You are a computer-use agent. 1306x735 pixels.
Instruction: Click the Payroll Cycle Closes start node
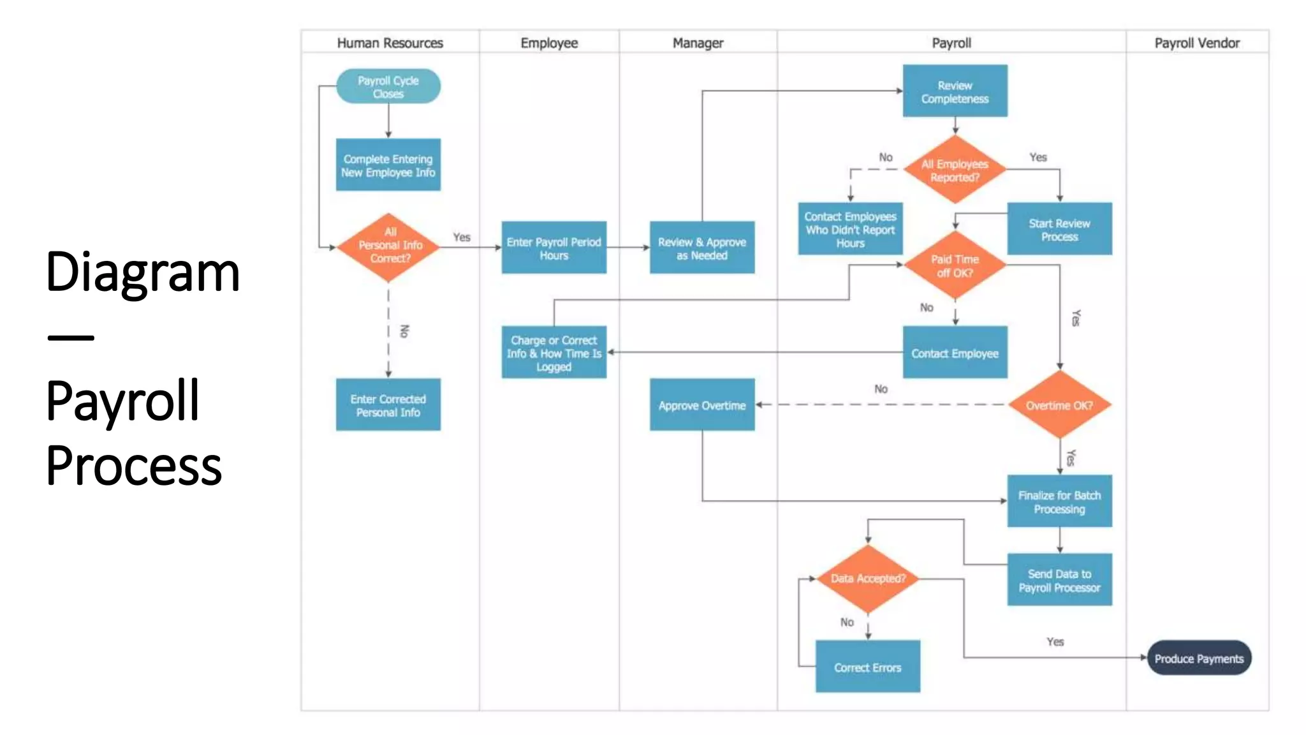(388, 87)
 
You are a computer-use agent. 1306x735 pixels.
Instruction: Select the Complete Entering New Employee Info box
(388, 165)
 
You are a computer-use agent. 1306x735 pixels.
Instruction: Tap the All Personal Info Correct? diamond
(388, 247)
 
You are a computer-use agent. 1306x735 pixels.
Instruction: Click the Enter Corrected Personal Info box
(388, 405)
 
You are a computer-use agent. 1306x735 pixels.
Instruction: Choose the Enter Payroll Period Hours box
(554, 248)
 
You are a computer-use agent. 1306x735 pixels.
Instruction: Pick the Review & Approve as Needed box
(701, 248)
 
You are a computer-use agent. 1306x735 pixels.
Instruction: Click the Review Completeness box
(955, 91)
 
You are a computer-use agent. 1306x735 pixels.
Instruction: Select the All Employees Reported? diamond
(955, 170)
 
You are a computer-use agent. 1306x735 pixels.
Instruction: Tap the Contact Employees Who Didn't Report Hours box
(850, 230)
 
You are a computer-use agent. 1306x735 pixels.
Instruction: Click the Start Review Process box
(1059, 230)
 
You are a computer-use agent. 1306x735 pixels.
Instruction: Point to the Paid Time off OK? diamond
(955, 265)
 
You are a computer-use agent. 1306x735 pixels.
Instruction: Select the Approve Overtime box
(701, 405)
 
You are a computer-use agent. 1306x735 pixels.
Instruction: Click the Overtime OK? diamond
(1059, 405)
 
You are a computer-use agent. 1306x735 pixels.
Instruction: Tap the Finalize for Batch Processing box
(1059, 501)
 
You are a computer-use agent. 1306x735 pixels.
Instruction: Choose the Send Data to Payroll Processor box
(1059, 580)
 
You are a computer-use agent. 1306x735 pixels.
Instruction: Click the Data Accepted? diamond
(868, 579)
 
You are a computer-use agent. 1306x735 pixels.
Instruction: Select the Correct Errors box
(867, 667)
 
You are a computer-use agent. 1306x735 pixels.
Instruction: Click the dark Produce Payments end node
(1199, 658)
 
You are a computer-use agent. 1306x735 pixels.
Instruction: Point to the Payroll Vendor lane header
(1197, 43)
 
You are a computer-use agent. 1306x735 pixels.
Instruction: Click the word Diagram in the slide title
(143, 272)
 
